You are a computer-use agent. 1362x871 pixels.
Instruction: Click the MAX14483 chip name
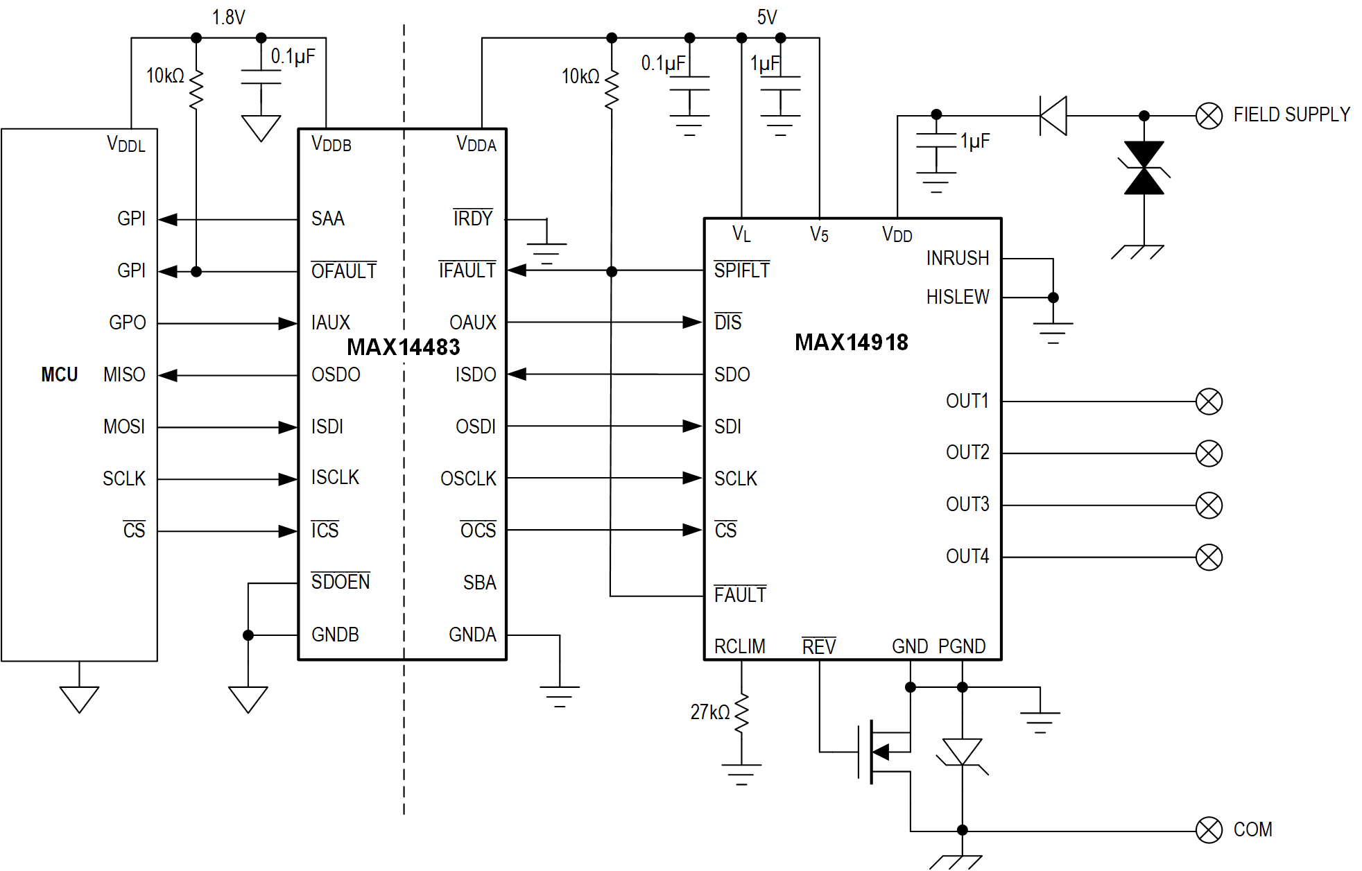point(403,347)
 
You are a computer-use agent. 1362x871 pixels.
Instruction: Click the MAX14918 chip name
point(851,342)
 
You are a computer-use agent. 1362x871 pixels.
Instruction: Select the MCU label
point(59,374)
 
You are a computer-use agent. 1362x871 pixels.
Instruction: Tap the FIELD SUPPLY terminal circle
point(1209,115)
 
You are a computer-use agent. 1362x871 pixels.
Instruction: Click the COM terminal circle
point(1209,829)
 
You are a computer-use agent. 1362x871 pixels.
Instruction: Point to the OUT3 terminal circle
point(1209,505)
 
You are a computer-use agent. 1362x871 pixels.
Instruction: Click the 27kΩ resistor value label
point(709,712)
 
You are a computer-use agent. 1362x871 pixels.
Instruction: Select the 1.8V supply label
point(228,17)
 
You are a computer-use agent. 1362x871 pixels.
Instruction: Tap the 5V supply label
point(766,17)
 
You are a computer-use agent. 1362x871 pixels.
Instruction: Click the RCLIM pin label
point(739,646)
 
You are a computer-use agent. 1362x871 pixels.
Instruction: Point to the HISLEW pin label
point(957,297)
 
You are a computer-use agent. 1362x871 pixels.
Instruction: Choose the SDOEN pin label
point(340,582)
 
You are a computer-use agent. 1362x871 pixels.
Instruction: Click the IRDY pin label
point(472,218)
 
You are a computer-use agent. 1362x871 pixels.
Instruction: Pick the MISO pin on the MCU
point(124,374)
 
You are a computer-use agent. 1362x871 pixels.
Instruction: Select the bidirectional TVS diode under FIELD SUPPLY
point(1144,168)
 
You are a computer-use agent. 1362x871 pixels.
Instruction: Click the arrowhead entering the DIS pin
point(692,322)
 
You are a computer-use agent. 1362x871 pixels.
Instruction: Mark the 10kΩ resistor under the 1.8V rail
point(196,89)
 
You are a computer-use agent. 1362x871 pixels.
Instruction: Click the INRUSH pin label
point(957,258)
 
